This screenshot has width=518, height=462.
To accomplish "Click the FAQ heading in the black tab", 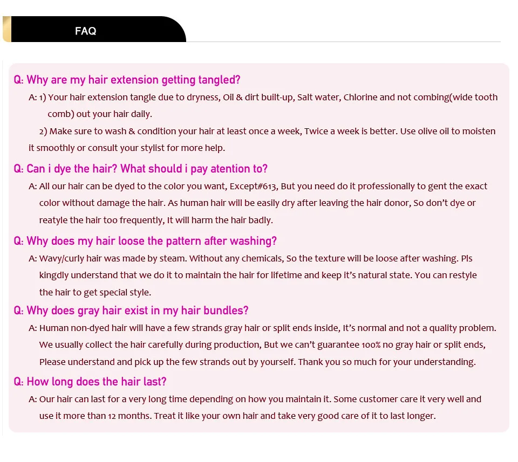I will [x=86, y=31].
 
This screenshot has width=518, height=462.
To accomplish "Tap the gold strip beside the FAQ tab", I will [x=6, y=29].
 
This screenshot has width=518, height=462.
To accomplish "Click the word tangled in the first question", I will [x=221, y=80].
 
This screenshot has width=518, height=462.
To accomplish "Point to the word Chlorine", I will [x=360, y=98].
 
